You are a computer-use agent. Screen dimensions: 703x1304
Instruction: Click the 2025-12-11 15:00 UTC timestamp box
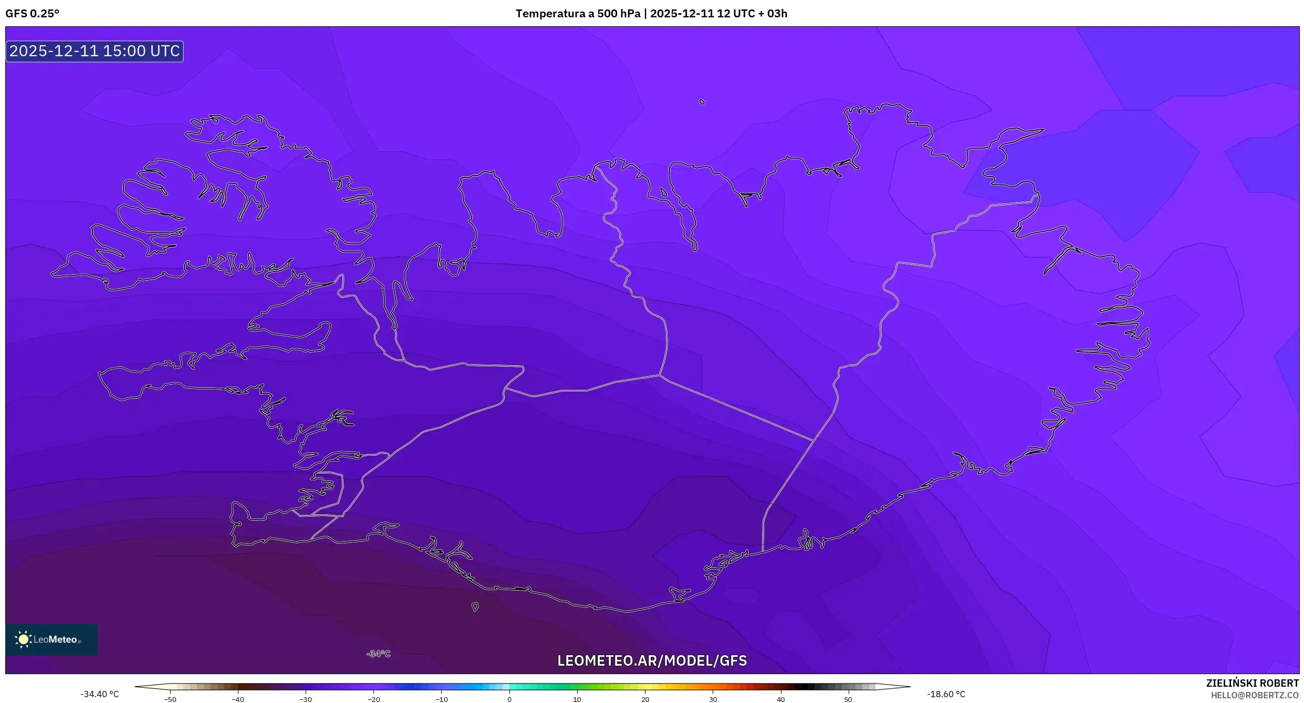coord(95,51)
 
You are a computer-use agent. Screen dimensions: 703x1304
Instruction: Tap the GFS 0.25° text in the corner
coord(32,14)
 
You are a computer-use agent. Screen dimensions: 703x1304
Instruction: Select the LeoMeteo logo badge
coord(51,639)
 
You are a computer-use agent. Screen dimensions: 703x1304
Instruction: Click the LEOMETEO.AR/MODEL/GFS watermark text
coord(652,660)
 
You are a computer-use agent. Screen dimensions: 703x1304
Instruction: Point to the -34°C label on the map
coord(379,654)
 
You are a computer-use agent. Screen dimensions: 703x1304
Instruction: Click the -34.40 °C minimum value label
coord(100,694)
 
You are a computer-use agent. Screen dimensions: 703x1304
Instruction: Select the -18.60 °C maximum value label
coord(946,694)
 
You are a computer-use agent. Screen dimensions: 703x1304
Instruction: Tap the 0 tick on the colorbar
coord(509,699)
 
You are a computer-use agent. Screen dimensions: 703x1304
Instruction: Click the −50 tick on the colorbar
coord(170,699)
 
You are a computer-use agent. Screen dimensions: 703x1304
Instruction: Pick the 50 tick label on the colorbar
coord(848,699)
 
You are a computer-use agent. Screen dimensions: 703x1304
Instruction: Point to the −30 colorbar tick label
coord(305,699)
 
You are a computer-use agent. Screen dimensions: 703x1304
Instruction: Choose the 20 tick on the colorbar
coord(645,699)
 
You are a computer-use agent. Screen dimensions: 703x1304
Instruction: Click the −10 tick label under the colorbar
coord(441,699)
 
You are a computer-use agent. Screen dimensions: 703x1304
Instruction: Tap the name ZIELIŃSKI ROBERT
coord(1253,683)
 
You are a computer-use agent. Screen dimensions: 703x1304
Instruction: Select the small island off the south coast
coord(475,607)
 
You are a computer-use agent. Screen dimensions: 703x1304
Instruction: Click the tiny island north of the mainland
coord(702,102)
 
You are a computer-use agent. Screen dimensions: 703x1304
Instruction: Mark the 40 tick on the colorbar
coord(780,699)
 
